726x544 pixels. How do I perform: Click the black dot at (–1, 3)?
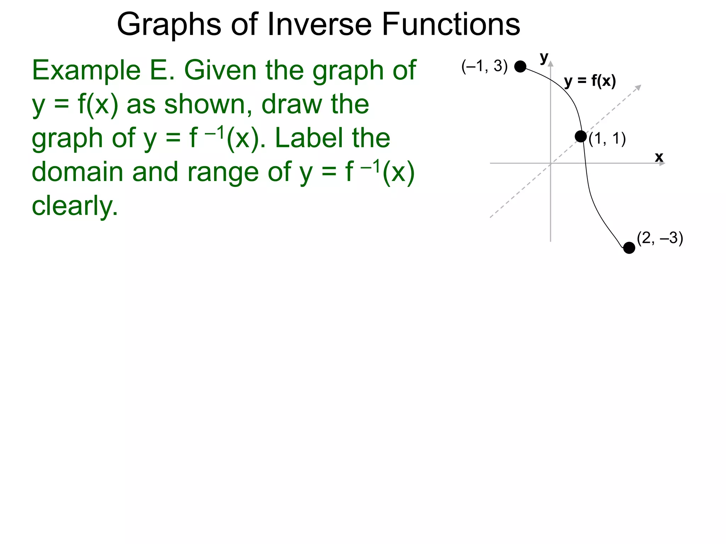pyautogui.click(x=520, y=66)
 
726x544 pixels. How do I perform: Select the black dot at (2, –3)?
pyautogui.click(x=629, y=248)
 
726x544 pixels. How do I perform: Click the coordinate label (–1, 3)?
pyautogui.click(x=484, y=66)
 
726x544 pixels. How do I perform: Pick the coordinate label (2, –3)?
pyautogui.click(x=660, y=238)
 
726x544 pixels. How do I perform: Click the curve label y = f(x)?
pyautogui.click(x=590, y=81)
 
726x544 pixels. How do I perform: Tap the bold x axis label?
pyautogui.click(x=659, y=157)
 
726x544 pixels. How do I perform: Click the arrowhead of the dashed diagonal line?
pyautogui.click(x=638, y=87)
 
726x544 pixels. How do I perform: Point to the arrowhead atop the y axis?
pyautogui.click(x=551, y=63)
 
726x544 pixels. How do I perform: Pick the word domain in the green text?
pyautogui.click(x=78, y=172)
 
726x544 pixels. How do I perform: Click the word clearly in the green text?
pyautogui.click(x=74, y=206)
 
